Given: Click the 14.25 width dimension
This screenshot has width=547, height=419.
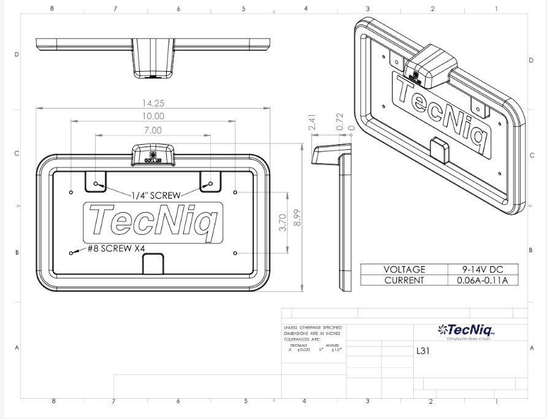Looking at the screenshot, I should click(153, 103).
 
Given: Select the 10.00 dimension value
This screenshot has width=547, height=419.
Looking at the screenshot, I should click(153, 116).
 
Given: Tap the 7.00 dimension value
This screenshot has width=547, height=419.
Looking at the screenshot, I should click(153, 130).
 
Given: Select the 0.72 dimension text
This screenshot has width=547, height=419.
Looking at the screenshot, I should click(340, 121).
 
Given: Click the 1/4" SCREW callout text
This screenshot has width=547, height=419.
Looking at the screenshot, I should click(156, 195).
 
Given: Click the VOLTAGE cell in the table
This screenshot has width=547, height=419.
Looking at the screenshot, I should click(404, 269).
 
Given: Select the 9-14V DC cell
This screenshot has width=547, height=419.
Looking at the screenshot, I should click(482, 269).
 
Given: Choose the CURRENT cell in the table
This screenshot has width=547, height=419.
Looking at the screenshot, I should click(404, 280).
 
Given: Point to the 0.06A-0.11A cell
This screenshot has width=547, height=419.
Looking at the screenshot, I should click(482, 280).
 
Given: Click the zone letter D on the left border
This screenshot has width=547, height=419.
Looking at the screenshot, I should click(17, 54).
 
